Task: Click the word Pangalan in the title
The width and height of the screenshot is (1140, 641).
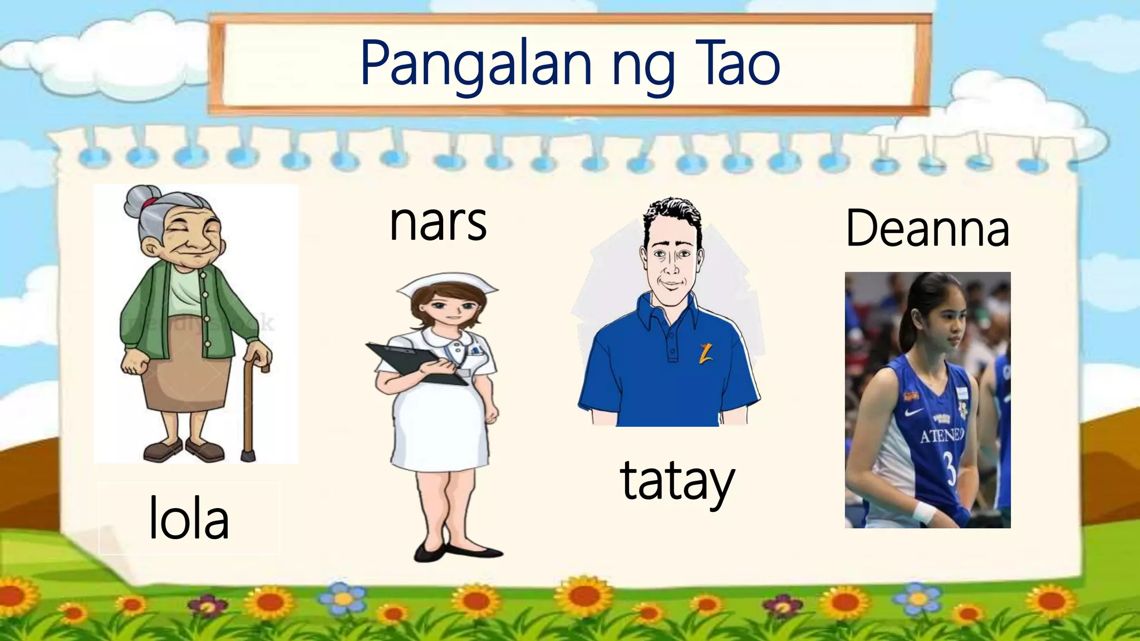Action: point(476,65)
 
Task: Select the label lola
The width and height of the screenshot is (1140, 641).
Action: point(189,519)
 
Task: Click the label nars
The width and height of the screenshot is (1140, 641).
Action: point(438,223)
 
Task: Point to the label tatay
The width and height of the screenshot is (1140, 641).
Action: point(677,481)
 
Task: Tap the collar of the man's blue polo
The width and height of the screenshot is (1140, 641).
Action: point(668,312)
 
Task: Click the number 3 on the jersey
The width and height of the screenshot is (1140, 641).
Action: point(950,467)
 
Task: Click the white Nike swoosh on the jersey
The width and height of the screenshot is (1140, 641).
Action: point(915,412)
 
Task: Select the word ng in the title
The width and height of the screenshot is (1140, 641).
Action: point(643,70)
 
